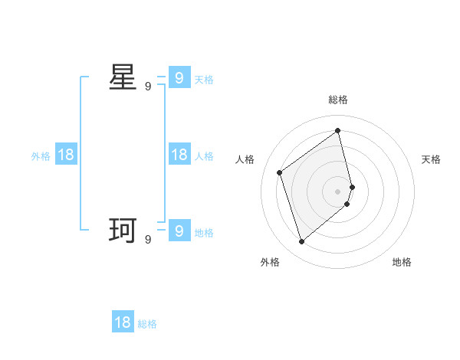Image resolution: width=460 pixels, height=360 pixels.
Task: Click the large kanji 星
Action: (123, 77)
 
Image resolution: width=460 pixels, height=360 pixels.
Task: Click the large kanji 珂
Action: (123, 231)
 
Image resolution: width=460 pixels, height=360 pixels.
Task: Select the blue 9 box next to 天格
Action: (179, 78)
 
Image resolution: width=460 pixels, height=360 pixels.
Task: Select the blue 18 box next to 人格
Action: (179, 155)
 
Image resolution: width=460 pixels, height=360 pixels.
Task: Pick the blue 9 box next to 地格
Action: (179, 231)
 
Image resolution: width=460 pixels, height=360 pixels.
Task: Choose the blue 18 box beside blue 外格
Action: (66, 155)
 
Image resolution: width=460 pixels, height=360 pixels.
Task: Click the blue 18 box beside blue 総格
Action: (123, 322)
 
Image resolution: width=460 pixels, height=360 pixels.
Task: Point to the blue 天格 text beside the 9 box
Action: (204, 80)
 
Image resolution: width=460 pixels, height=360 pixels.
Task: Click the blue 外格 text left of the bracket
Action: (41, 156)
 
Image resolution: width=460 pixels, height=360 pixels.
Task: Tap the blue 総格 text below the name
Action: (147, 324)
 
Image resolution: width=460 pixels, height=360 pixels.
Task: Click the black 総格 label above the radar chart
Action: (338, 100)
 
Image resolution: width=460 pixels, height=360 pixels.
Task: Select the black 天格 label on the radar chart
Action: (431, 159)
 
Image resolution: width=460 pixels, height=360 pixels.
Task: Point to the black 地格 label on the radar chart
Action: (402, 262)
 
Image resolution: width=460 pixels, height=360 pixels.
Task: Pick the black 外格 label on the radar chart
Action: (270, 262)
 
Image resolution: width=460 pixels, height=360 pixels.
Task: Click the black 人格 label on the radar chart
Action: (245, 159)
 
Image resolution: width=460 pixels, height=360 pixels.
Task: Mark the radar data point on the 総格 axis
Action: (338, 130)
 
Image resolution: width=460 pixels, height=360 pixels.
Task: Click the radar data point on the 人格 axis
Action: (280, 172)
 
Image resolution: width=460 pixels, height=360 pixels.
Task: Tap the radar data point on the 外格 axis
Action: (301, 242)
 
